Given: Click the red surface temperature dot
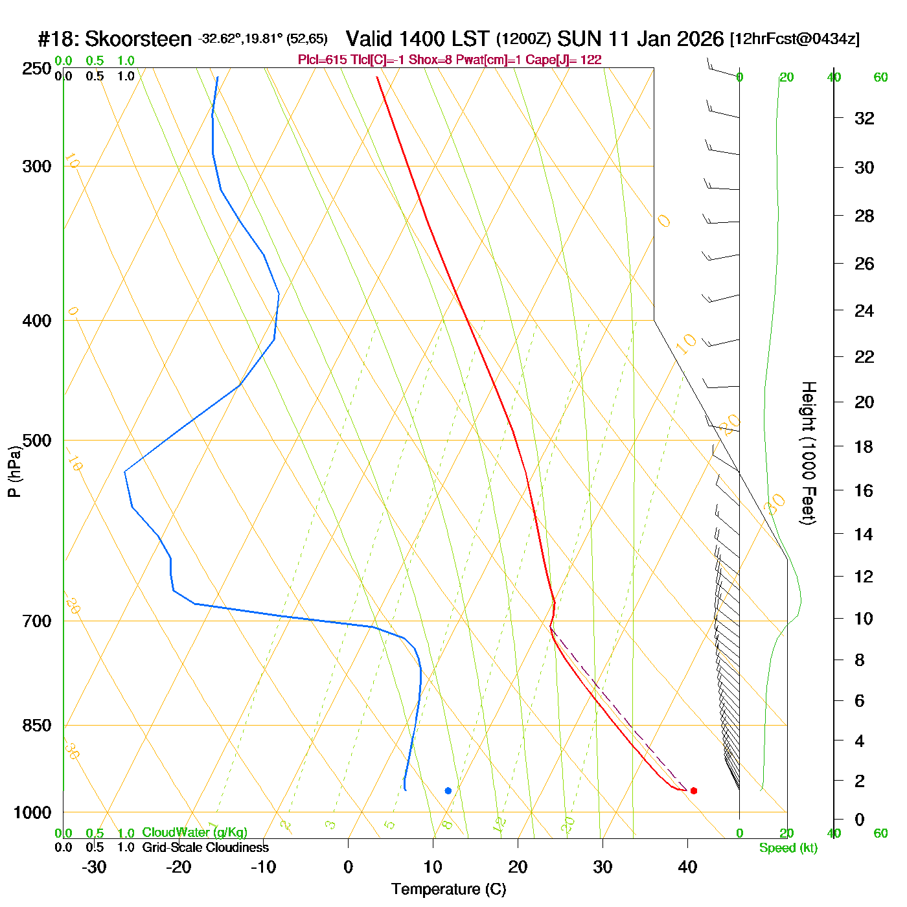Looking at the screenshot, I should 693,790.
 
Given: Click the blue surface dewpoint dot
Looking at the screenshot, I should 448,790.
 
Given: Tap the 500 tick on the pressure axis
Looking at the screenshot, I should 37,441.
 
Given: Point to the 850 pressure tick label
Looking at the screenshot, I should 37,726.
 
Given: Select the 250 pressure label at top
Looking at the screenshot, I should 37,69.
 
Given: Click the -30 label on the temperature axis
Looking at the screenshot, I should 94,867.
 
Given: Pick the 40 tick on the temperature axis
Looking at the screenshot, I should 687,867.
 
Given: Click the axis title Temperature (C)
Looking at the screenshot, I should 448,889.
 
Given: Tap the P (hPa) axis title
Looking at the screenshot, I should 14,472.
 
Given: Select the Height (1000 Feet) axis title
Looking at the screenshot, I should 809,453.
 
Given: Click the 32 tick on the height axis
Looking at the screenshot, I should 864,118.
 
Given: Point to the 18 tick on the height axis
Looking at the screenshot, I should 864,446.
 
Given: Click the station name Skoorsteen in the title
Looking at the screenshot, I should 138,39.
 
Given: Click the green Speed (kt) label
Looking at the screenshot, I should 788,848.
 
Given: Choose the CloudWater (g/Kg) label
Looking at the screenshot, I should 194,832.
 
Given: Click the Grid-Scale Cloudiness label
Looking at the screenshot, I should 205,847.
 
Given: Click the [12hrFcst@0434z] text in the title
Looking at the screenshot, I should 795,39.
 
